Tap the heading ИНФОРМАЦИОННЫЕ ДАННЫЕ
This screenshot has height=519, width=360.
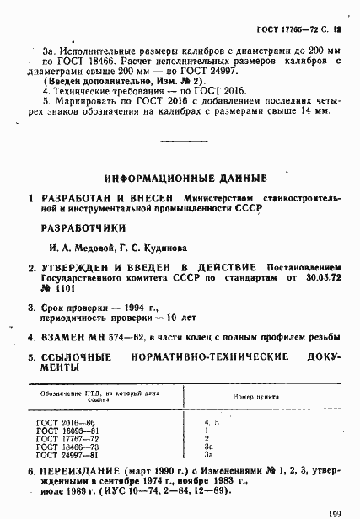185,178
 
